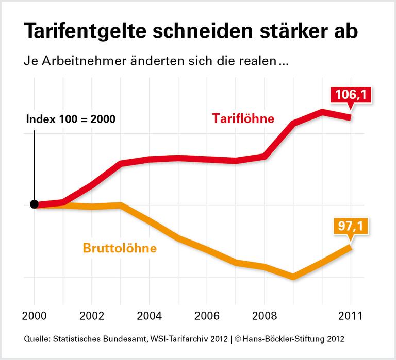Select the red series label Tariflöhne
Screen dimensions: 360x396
243,118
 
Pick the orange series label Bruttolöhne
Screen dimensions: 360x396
120,248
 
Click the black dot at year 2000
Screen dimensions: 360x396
35,204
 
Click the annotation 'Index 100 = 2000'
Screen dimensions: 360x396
71,118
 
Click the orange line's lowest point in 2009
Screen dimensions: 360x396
293,277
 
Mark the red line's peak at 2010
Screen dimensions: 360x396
322,112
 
